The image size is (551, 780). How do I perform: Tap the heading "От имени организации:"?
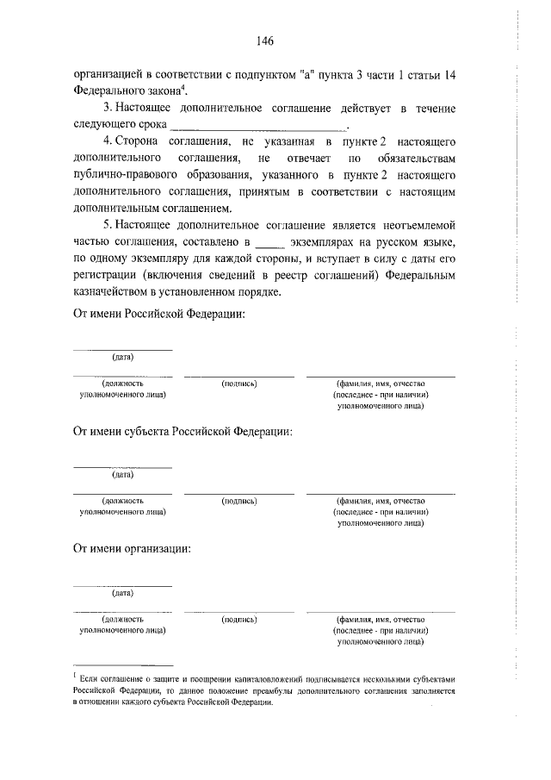click(x=131, y=548)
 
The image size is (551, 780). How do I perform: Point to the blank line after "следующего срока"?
click(x=258, y=126)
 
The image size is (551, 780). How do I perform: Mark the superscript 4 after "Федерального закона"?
click(x=183, y=87)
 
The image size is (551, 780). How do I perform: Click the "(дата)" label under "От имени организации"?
click(x=121, y=592)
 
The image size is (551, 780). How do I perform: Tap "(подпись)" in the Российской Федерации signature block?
click(x=238, y=383)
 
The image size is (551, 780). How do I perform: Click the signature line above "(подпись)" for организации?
click(x=238, y=611)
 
